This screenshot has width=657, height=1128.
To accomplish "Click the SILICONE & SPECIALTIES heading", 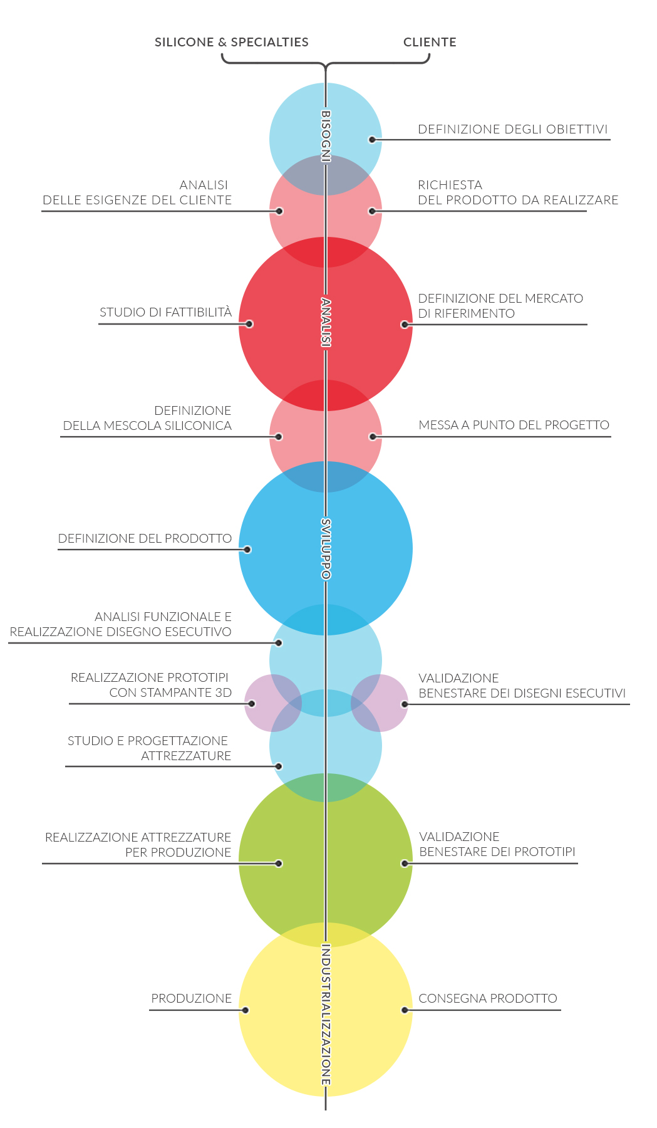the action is click(232, 42).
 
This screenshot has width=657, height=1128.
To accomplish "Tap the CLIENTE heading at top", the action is click(430, 42).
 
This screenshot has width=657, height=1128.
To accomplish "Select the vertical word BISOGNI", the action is click(326, 136).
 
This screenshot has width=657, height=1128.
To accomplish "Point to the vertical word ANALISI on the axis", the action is click(326, 322).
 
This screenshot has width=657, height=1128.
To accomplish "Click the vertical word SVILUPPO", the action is click(326, 549).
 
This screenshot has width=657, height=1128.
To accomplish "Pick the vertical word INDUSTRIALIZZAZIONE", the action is click(326, 1015).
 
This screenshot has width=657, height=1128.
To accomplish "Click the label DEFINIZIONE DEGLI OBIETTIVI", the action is click(513, 129).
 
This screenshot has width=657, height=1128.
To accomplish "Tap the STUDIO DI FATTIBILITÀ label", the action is click(166, 312).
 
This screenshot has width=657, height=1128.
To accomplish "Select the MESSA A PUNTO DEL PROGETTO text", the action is click(514, 425).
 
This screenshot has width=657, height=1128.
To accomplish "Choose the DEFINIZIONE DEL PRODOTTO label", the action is click(145, 538).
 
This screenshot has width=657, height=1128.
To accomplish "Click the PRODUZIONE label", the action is click(192, 998).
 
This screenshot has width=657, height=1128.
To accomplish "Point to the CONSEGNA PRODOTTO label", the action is click(488, 998).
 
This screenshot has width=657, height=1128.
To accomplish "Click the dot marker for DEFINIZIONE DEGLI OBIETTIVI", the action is click(372, 140).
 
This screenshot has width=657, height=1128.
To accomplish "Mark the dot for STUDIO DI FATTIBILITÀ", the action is click(249, 324).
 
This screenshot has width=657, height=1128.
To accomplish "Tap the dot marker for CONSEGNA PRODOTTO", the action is click(405, 1010).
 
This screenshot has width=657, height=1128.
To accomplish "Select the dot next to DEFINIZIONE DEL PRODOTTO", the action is click(247, 550).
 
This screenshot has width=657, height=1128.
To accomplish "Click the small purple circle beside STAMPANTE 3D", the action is click(273, 703).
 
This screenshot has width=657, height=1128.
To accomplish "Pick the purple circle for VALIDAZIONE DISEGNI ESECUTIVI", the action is click(380, 703).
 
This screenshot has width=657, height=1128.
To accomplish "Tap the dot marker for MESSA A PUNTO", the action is click(373, 437).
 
